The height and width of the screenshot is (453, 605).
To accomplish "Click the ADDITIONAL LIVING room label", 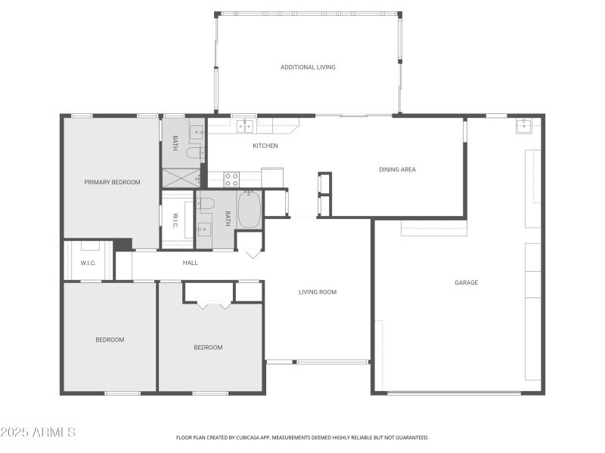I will tap(308, 67).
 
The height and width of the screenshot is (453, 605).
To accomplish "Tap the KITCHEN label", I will tap(265, 146).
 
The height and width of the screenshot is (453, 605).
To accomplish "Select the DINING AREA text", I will tap(397, 169).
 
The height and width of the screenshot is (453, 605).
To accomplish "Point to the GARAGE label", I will tap(466, 282).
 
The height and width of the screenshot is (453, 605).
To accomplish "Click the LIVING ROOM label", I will tap(317, 291).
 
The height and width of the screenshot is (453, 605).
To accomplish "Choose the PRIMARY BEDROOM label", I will tap(112, 182).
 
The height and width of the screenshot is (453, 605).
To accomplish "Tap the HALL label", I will tap(190, 263).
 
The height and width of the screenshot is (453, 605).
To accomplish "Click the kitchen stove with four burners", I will tap(232, 180).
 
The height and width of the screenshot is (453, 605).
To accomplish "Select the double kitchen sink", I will tap(244, 127).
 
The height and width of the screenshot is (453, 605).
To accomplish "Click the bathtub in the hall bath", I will tap(249, 209).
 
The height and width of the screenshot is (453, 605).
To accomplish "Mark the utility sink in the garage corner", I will tap(525, 125).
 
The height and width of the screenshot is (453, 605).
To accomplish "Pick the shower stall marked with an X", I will tap(181, 177).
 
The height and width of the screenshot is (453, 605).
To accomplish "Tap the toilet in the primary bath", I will tap(194, 153).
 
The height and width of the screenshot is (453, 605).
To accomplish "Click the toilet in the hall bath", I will tap(206, 202).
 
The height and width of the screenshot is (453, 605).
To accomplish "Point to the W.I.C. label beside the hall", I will tap(88, 263).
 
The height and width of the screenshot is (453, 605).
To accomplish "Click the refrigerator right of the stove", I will tap(272, 177).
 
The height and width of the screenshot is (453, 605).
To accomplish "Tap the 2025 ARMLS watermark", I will tap(38, 433).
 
